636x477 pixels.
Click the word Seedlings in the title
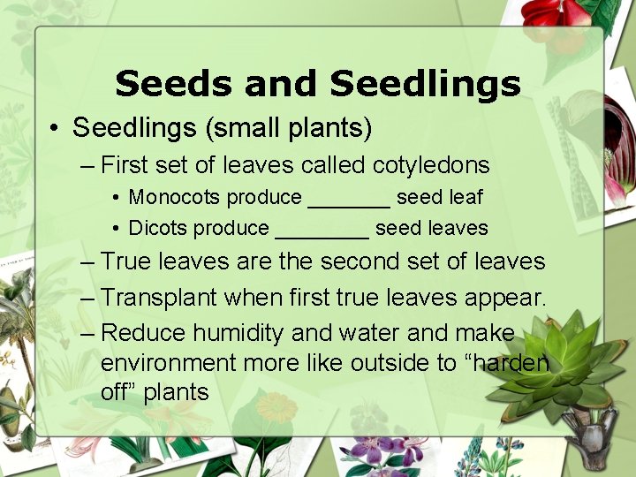coord(425,84)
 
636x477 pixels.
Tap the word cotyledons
coord(431,165)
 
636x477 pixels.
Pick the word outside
coord(388,363)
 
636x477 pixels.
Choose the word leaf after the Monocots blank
coord(465,198)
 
